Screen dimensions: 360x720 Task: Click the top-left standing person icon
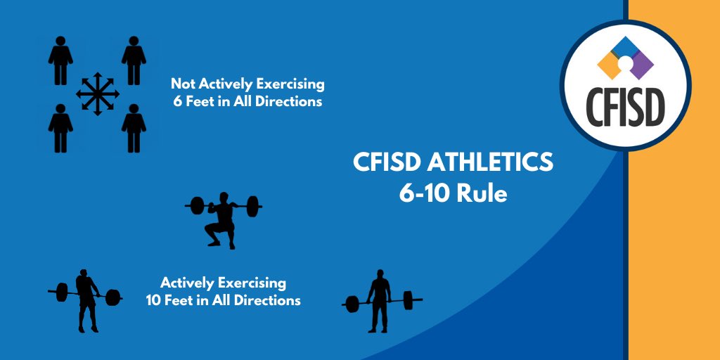pos(60,62)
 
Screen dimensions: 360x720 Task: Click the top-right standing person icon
pos(134,62)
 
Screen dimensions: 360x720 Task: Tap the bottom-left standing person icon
pos(60,128)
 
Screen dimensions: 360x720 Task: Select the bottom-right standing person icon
pos(134,128)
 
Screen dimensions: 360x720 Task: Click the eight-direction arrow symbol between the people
pos(98,94)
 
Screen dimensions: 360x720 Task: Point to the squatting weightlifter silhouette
pos(223,220)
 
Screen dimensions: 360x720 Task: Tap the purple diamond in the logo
pos(641,65)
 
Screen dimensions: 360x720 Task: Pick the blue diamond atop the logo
pos(625,48)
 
